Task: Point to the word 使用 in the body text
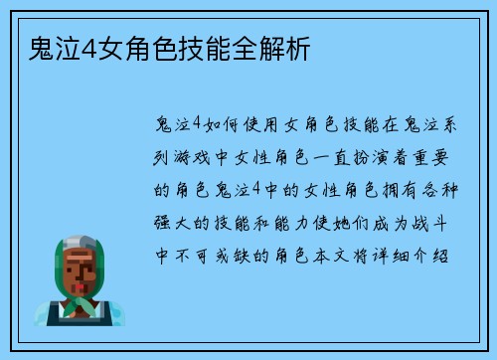coord(260,123)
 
